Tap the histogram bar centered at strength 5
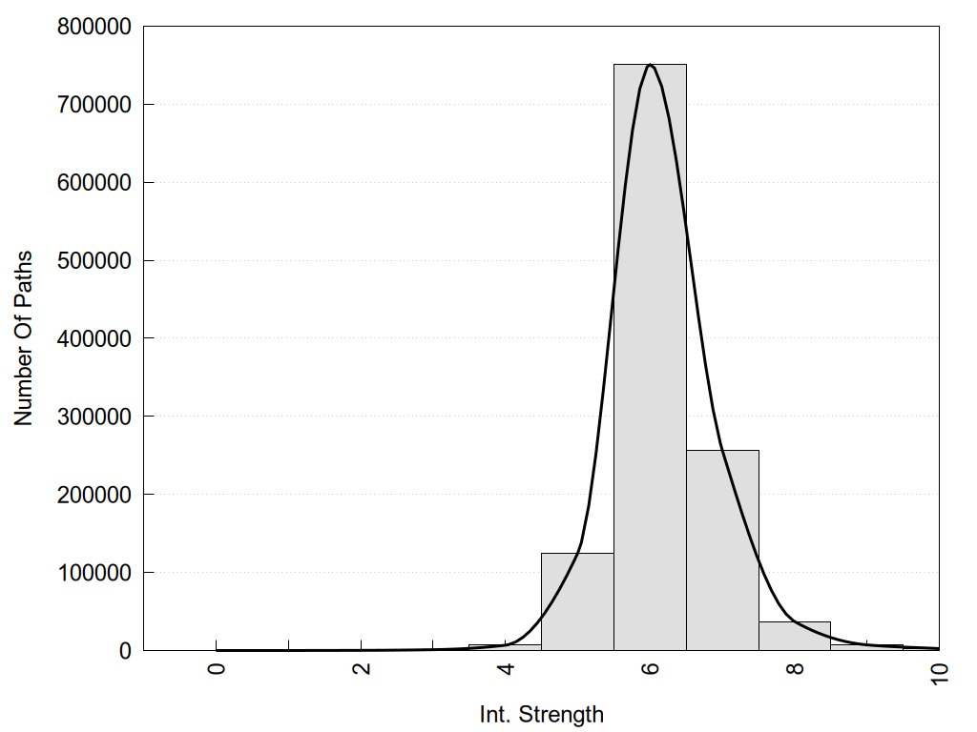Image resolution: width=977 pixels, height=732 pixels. [577, 601]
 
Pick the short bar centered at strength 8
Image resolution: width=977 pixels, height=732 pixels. [795, 637]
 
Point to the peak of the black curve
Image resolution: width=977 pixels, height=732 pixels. [650, 65]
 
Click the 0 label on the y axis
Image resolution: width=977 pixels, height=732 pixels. [123, 651]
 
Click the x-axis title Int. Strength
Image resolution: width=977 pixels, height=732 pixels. [542, 714]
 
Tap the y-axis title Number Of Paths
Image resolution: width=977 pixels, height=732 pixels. [24, 338]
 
